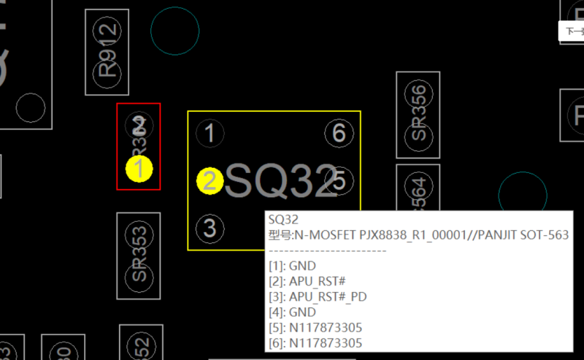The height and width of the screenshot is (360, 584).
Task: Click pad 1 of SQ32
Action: pyautogui.click(x=210, y=134)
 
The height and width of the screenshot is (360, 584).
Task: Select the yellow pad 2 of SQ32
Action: pyautogui.click(x=210, y=181)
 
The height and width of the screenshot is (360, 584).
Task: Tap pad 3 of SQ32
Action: pyautogui.click(x=210, y=228)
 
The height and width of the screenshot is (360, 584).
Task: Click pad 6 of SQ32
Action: pyautogui.click(x=339, y=134)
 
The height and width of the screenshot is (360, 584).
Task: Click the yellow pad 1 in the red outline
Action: pyautogui.click(x=139, y=169)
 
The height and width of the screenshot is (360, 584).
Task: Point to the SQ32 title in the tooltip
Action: pyautogui.click(x=283, y=219)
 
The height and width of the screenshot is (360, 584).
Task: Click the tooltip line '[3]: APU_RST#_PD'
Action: pyautogui.click(x=316, y=296)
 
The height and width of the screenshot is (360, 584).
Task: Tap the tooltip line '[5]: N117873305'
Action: pyautogui.click(x=315, y=327)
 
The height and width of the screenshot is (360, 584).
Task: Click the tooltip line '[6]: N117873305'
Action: pyautogui.click(x=315, y=342)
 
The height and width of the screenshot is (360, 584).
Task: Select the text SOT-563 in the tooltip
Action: pyautogui.click(x=545, y=234)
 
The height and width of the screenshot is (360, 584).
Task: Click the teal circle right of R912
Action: pyautogui.click(x=175, y=31)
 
